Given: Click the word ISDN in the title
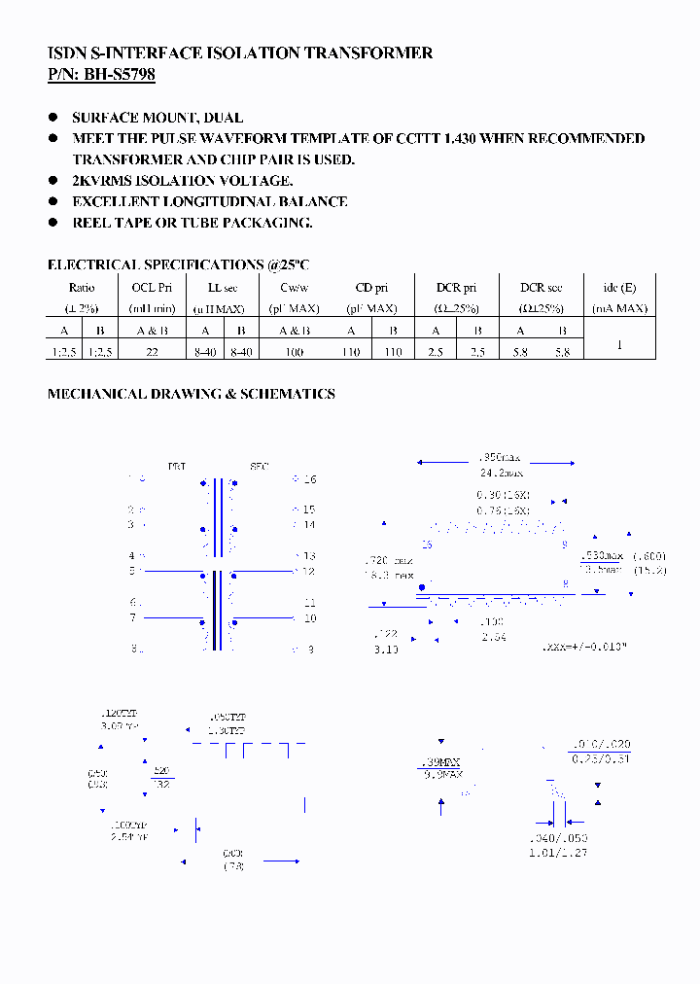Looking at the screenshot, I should pos(65,53).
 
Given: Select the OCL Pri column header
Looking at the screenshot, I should pos(152,288).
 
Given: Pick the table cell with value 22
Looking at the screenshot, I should pos(152,352).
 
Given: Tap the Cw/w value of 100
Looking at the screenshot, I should pos(294,352).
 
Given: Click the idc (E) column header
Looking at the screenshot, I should pos(619,288).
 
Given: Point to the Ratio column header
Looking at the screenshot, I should pos(82,288).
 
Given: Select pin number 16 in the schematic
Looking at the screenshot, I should pos(310,479).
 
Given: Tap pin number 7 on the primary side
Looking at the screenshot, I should pos(132,618).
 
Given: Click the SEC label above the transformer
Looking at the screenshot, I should pos(259,467).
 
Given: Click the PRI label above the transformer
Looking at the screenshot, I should pos(177,467).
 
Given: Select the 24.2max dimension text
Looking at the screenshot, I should pos(500,473).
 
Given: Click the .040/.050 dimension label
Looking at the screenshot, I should pos(558,838).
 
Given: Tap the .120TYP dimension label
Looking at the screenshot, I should pos(121,714).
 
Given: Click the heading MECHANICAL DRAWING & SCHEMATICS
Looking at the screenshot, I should pos(192,394).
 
